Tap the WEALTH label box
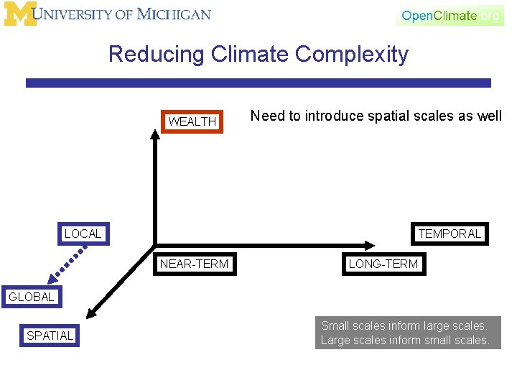click(x=192, y=122)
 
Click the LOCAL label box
click(x=83, y=234)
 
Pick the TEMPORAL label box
click(x=450, y=234)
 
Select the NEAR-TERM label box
click(x=194, y=264)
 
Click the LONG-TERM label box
click(x=383, y=264)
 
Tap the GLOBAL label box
click(x=31, y=297)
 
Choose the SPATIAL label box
click(x=50, y=336)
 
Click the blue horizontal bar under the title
click(x=258, y=83)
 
